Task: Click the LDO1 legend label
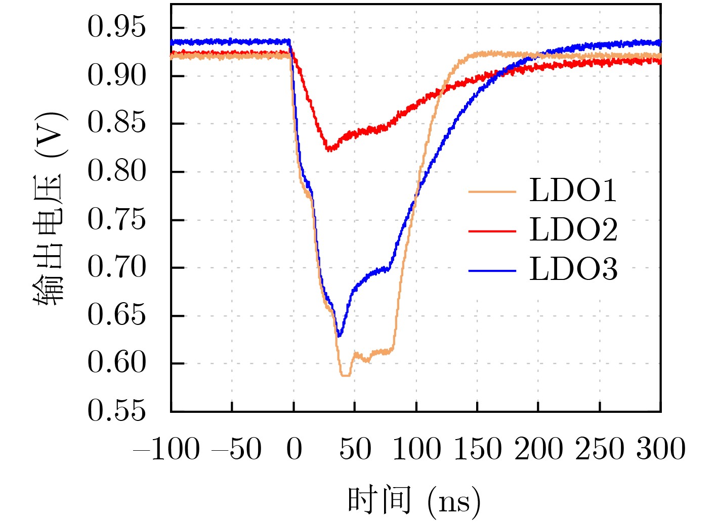click(x=573, y=191)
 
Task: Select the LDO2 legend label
click(x=573, y=230)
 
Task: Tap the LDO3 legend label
click(x=573, y=270)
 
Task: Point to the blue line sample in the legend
click(x=492, y=271)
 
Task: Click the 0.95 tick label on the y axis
click(x=116, y=27)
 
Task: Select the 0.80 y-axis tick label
click(x=116, y=171)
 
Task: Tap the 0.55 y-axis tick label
click(x=116, y=411)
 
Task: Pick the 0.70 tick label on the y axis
click(x=116, y=267)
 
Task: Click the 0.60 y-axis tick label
click(x=116, y=363)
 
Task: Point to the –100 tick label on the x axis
click(x=167, y=449)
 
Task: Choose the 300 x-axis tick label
click(x=661, y=449)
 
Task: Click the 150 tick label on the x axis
click(x=477, y=449)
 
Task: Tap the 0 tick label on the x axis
click(x=294, y=449)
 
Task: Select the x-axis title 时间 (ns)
click(x=414, y=501)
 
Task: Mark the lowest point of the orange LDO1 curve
click(x=346, y=375)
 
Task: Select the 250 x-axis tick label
click(x=600, y=449)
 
